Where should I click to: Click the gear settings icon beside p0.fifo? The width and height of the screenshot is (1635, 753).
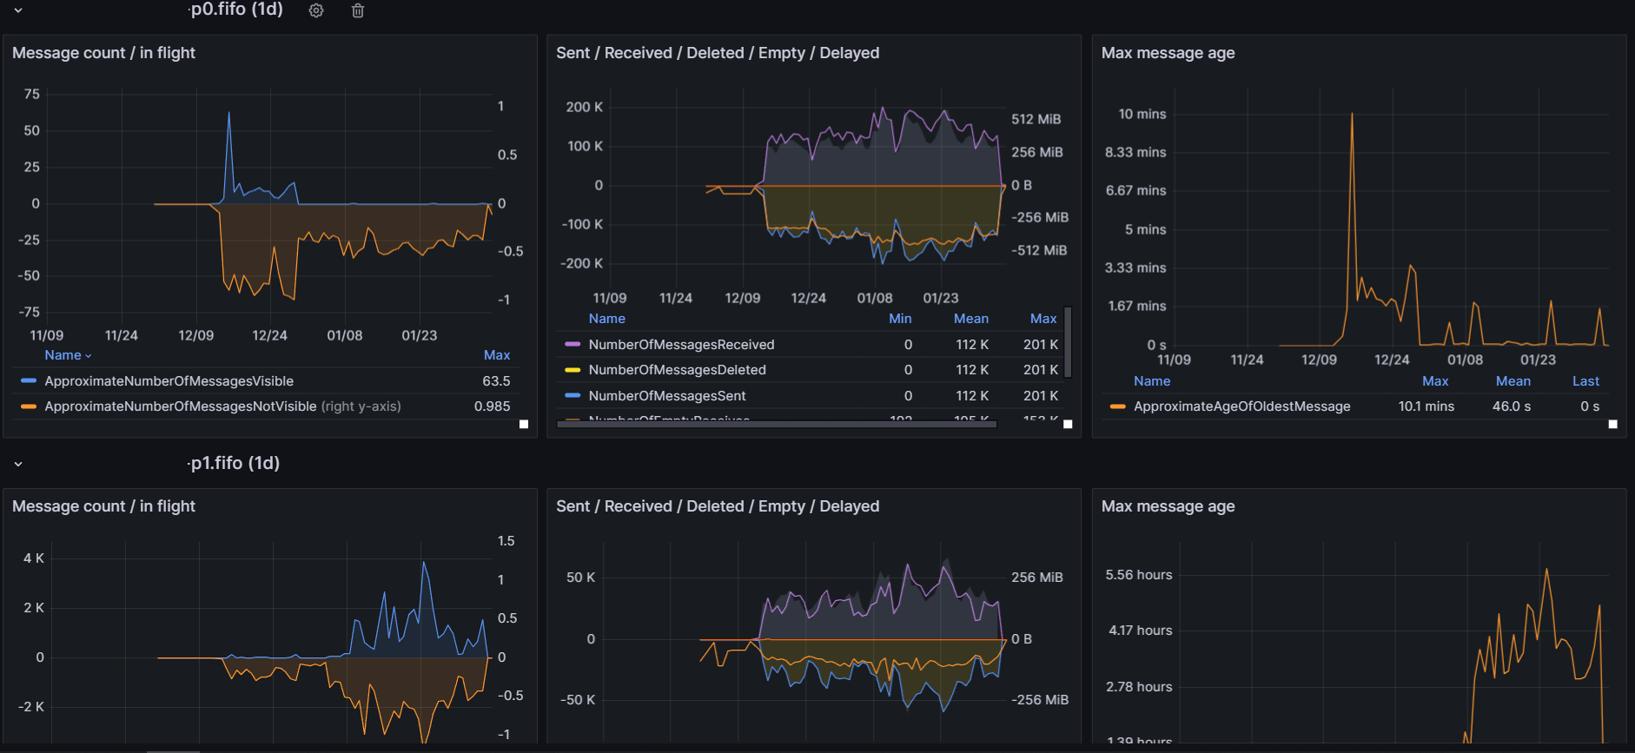(316, 10)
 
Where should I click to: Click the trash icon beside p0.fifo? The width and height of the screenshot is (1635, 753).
(358, 10)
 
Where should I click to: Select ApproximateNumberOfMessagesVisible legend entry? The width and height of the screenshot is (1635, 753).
(169, 381)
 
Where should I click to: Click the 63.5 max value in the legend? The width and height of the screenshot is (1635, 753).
(496, 381)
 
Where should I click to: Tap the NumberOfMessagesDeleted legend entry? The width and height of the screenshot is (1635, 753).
(677, 370)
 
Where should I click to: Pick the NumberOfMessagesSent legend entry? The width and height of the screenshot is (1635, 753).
(666, 396)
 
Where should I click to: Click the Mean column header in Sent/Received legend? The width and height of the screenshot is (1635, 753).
(970, 319)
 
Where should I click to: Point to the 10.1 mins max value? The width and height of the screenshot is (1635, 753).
(1426, 406)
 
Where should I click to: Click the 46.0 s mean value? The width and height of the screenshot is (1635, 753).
(1511, 406)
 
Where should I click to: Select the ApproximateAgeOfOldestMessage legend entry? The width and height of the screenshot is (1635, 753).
(1241, 406)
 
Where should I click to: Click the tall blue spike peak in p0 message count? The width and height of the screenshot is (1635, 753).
(229, 113)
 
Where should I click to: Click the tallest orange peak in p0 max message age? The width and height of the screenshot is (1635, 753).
(1352, 115)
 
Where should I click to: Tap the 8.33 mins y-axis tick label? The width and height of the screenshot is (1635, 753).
(1135, 152)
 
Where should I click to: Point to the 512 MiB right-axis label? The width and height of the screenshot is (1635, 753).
(1036, 119)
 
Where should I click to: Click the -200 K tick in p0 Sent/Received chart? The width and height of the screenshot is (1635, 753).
(581, 263)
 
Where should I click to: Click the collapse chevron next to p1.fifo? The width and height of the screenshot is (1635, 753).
(18, 464)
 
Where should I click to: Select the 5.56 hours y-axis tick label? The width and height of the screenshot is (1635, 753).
(1138, 575)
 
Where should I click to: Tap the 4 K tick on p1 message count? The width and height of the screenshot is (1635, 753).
(33, 558)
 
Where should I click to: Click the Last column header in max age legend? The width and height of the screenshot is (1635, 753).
(1585, 381)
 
